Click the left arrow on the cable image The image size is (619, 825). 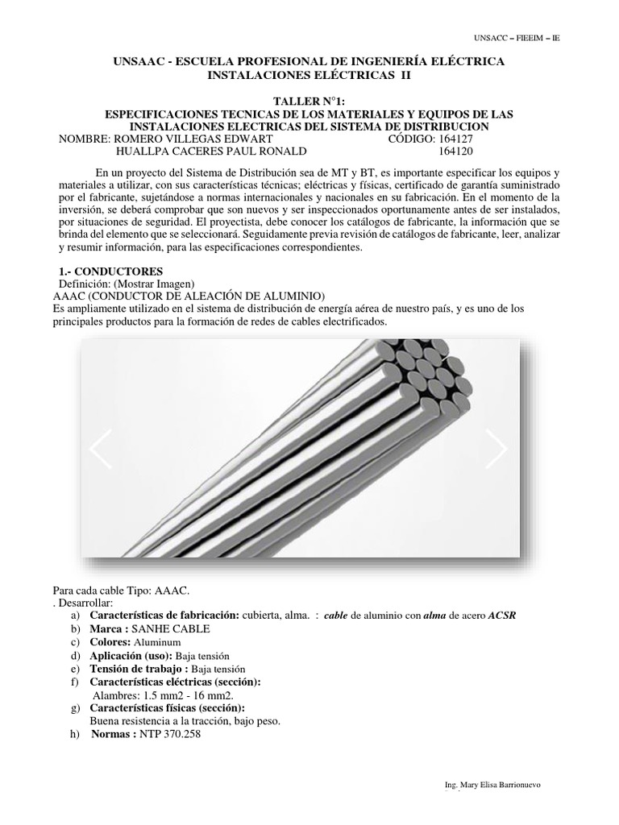coord(101,449)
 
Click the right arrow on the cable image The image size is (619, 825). coord(497,449)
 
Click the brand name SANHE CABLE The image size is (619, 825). coord(174,628)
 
